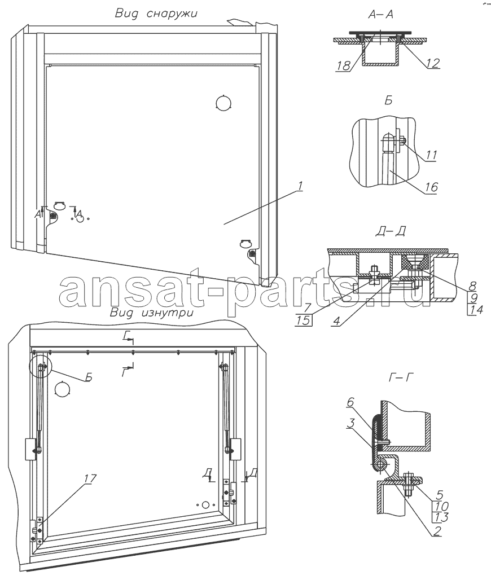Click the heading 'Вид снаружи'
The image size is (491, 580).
[x=156, y=14]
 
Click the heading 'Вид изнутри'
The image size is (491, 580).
[x=152, y=313]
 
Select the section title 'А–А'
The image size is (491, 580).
[x=381, y=15]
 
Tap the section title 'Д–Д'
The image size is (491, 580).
[x=391, y=231]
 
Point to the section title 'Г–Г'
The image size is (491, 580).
[x=401, y=377]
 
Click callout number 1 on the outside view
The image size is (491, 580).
[x=300, y=185]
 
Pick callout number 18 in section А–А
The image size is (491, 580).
[x=343, y=65]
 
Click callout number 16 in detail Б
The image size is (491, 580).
[x=431, y=187]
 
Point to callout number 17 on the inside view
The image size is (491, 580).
[x=90, y=478]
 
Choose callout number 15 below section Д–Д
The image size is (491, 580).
[x=303, y=320]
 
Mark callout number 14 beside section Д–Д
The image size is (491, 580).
[x=475, y=309]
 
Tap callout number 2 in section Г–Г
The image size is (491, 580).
[x=437, y=531]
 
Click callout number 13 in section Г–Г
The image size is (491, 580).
[x=441, y=517]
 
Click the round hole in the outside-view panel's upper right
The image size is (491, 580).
[x=223, y=103]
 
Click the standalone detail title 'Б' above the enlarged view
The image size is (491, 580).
[x=388, y=100]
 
